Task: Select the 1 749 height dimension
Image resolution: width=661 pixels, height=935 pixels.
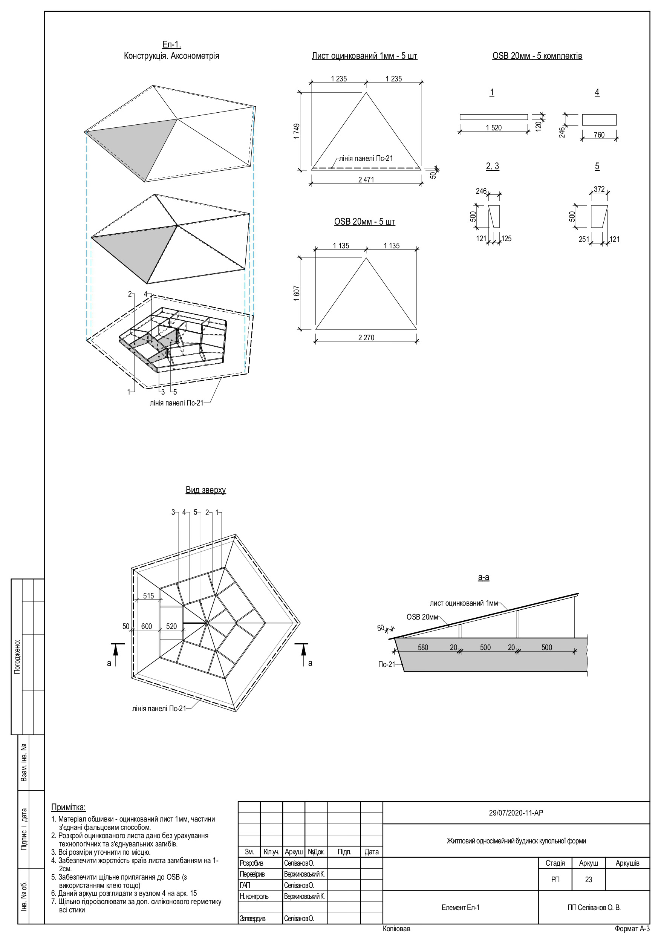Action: tap(297, 131)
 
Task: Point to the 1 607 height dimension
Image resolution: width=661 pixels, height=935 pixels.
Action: tap(297, 293)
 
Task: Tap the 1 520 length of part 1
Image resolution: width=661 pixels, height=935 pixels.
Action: tap(494, 128)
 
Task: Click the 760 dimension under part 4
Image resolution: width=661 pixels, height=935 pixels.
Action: tap(599, 135)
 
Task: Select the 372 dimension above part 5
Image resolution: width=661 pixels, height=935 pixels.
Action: tap(599, 189)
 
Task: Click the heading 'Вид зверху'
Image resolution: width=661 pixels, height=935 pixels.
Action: tap(206, 490)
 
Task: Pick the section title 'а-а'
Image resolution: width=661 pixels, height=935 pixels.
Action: tap(484, 577)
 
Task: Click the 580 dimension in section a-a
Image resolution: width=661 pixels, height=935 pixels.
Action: tap(423, 647)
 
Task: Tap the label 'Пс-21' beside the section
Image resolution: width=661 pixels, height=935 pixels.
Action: tap(387, 664)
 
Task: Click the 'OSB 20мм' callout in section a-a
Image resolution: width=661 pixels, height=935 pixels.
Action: tap(422, 617)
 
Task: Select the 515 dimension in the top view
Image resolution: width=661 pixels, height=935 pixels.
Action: tap(148, 596)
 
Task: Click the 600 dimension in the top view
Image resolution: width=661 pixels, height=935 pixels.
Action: tap(147, 626)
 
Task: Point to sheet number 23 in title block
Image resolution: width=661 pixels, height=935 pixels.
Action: tap(588, 880)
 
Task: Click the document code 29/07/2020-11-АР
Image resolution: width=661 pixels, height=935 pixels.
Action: tap(516, 813)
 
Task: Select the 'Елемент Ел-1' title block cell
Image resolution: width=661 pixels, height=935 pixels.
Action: tap(460, 907)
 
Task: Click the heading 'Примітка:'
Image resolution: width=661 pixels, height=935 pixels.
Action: tap(69, 807)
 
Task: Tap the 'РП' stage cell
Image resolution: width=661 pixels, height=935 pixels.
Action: tap(555, 880)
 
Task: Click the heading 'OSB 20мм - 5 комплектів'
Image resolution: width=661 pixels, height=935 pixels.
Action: tap(537, 56)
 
